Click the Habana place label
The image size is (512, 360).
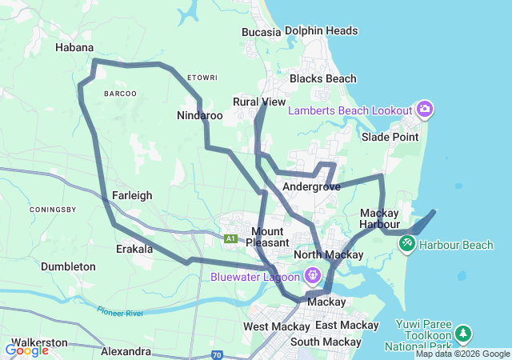tap(74, 48)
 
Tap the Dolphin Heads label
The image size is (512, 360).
tap(321, 31)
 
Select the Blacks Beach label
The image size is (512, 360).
tap(322, 79)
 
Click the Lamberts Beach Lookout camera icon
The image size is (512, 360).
tap(424, 109)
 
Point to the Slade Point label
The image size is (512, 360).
tap(390, 137)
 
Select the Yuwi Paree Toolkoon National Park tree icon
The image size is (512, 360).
tap(462, 332)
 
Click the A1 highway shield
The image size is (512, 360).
tap(231, 238)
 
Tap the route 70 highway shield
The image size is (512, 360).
tap(217, 354)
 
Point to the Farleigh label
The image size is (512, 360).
tap(132, 194)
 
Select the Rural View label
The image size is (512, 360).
tap(258, 102)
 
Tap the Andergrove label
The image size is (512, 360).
tap(311, 186)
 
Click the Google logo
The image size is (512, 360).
tap(26, 350)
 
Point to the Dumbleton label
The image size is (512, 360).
tap(68, 266)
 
